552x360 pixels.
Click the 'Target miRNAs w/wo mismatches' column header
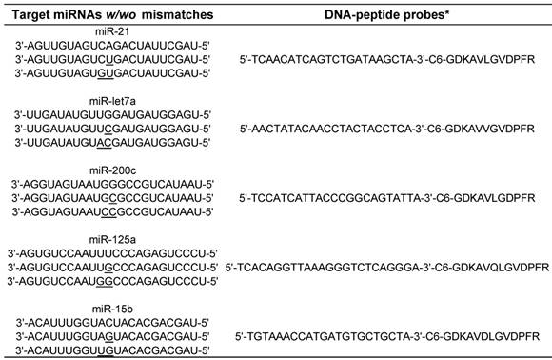pyautogui.click(x=112, y=15)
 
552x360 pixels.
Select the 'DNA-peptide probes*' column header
pyautogui.click(x=387, y=15)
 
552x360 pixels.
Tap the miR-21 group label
pyautogui.click(x=112, y=31)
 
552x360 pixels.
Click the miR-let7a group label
pyautogui.click(x=112, y=101)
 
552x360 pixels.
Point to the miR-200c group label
pyautogui.click(x=112, y=170)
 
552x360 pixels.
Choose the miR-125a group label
pyautogui.click(x=112, y=240)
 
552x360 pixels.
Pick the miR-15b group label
pyautogui.click(x=112, y=309)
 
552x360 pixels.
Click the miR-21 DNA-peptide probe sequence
pyautogui.click(x=387, y=59)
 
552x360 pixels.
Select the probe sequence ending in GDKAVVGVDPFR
pyautogui.click(x=387, y=129)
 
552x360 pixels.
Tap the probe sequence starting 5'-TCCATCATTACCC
pyautogui.click(x=387, y=198)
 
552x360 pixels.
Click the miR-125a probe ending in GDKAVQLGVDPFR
pyautogui.click(x=387, y=268)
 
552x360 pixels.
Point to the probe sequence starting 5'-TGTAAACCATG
pyautogui.click(x=387, y=337)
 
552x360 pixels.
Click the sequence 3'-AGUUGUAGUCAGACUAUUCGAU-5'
pyautogui.click(x=112, y=46)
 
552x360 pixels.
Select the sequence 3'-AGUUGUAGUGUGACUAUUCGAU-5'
pyautogui.click(x=112, y=73)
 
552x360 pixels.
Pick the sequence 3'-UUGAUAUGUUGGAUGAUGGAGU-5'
pyautogui.click(x=112, y=115)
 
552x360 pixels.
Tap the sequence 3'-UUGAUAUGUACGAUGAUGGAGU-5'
pyautogui.click(x=112, y=143)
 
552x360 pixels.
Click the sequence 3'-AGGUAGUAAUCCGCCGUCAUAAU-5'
pyautogui.click(x=112, y=212)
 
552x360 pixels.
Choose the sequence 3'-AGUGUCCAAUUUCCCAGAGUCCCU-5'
pyautogui.click(x=112, y=253)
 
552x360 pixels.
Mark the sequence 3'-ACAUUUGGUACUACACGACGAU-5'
pyautogui.click(x=112, y=323)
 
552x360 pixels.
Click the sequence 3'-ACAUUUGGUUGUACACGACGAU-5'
pyautogui.click(x=112, y=350)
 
